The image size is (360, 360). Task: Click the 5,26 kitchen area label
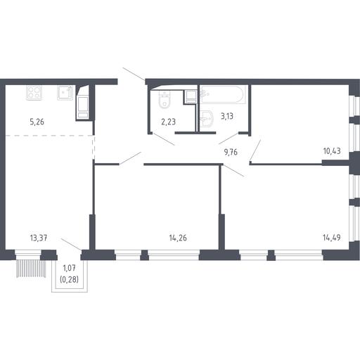37,122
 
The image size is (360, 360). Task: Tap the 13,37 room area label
39,238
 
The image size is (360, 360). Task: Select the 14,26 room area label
178,238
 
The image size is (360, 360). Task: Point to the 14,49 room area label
332,238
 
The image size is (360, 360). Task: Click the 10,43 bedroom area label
332,151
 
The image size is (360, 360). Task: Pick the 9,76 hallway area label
231,152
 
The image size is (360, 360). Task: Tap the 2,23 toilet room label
168,122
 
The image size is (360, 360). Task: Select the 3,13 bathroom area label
227,116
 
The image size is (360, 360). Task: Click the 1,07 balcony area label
69,268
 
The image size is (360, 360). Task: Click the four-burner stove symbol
34,93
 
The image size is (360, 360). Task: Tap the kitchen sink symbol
65,93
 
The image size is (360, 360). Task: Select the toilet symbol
165,100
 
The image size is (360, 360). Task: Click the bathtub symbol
224,94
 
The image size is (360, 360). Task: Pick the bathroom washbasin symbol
206,119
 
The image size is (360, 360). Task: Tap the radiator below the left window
31,269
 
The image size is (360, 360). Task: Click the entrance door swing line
134,74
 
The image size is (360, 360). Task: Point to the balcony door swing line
71,245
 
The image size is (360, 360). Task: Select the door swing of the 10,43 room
255,150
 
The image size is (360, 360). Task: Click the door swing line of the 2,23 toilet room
163,139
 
